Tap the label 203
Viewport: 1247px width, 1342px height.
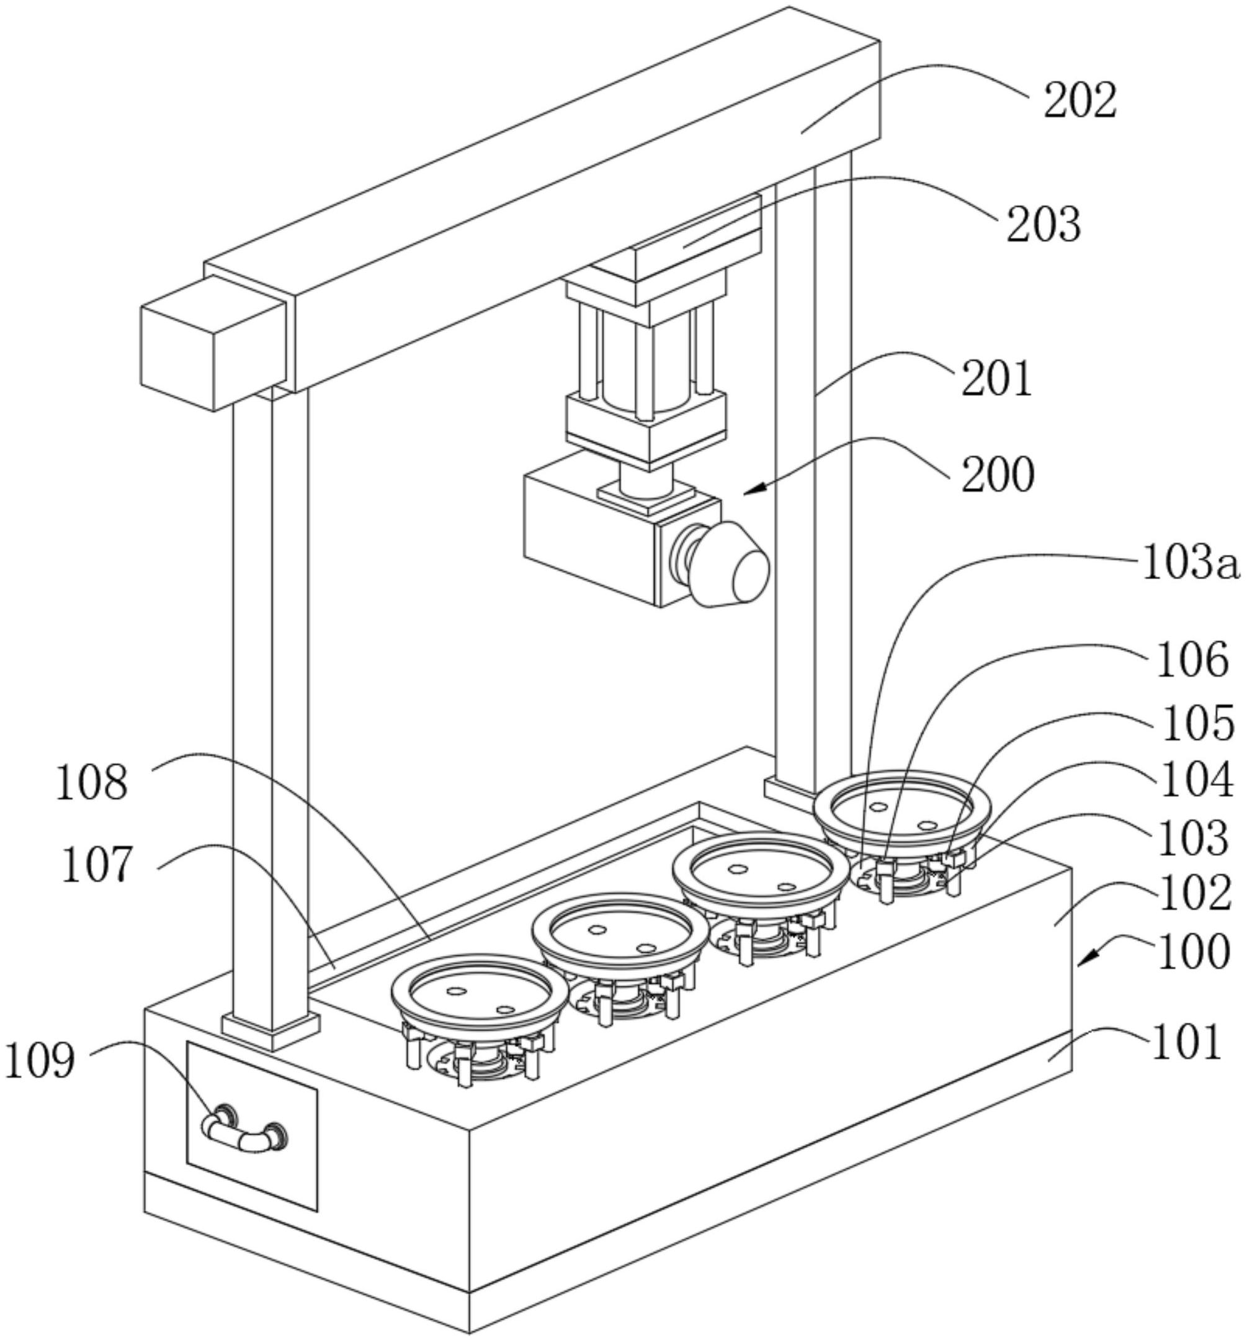1044,224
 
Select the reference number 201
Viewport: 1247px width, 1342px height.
996,379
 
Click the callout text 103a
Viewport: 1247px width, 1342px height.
1191,564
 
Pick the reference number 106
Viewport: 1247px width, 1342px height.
1192,660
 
